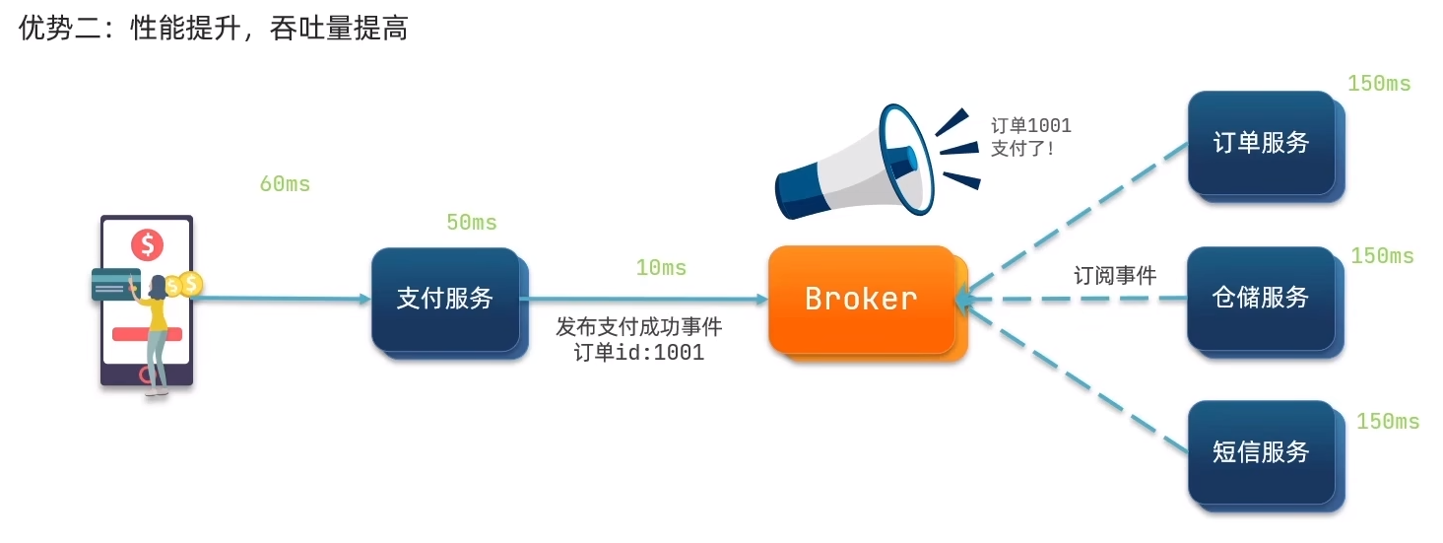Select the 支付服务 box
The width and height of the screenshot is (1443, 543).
pos(450,303)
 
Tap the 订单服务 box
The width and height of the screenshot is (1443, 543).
pos(1266,147)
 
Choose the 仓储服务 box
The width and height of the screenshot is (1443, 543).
pos(1266,302)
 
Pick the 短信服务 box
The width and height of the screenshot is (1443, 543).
pos(1266,456)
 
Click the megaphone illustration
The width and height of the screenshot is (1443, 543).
pos(878,162)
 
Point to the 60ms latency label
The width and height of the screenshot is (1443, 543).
pos(285,184)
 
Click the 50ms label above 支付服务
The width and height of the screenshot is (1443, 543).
pos(472,223)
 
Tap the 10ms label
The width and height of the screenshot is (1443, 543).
pos(661,268)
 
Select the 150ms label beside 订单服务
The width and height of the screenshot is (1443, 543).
pos(1379,84)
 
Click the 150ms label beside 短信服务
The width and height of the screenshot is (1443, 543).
pos(1388,422)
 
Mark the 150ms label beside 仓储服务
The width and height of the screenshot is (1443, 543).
pos(1383,256)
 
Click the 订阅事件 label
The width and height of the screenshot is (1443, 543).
pos(1115,275)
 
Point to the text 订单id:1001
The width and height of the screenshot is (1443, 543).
pos(639,353)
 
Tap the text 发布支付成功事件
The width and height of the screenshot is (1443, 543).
pos(639,327)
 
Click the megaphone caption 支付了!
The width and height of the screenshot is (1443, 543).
pos(1022,149)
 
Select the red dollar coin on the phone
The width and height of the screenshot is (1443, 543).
pos(148,244)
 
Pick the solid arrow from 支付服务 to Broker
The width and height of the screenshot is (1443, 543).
pos(643,300)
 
